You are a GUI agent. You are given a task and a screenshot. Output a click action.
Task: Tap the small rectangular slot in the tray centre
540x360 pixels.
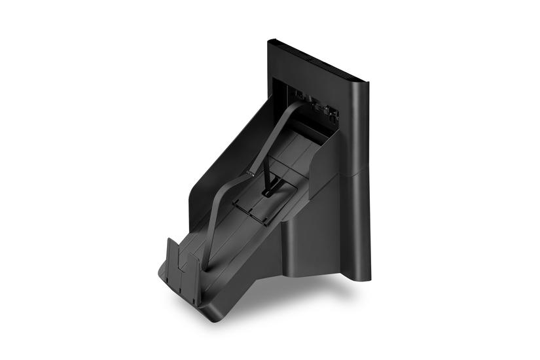pyautogui.click(x=268, y=193)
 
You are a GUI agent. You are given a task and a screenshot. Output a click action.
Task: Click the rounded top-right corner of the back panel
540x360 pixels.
pyautogui.click(x=364, y=84)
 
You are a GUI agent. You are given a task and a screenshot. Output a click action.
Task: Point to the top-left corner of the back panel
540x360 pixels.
pyautogui.click(x=270, y=43)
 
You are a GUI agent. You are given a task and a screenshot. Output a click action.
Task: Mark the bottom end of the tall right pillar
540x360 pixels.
pyautogui.click(x=360, y=275)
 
